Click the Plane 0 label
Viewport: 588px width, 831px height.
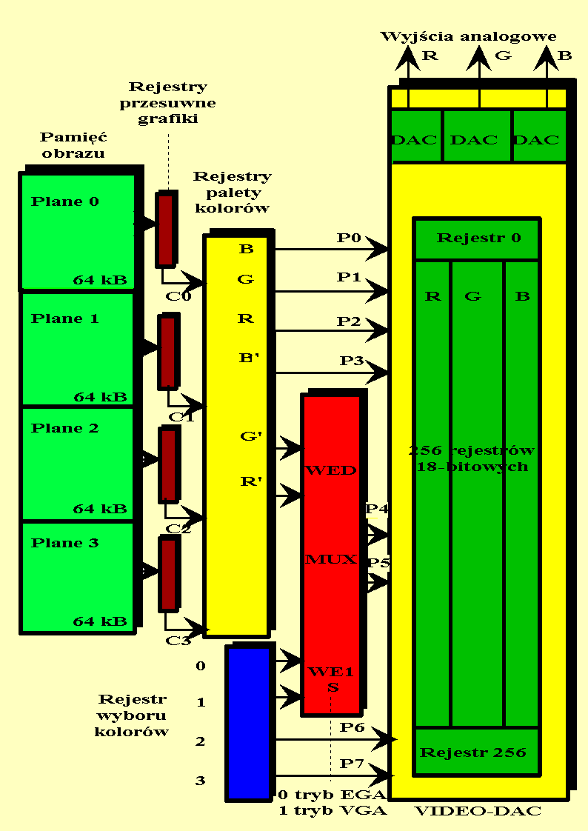65,201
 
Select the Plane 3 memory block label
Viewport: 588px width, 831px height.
65,543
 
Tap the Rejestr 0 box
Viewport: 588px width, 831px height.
478,238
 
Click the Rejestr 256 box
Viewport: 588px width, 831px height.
473,752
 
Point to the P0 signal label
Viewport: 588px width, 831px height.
348,238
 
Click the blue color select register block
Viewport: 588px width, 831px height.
249,722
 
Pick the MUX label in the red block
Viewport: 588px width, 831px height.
331,559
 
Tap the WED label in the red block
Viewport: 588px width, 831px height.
331,470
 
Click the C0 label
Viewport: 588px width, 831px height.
178,296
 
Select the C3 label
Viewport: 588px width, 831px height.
178,641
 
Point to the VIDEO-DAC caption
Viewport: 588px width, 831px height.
478,811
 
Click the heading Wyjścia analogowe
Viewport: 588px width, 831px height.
468,36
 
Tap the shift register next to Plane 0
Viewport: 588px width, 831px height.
166,229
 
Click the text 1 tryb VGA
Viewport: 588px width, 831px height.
333,810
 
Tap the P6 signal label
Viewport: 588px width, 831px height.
352,728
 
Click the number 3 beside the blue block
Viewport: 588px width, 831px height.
201,780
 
